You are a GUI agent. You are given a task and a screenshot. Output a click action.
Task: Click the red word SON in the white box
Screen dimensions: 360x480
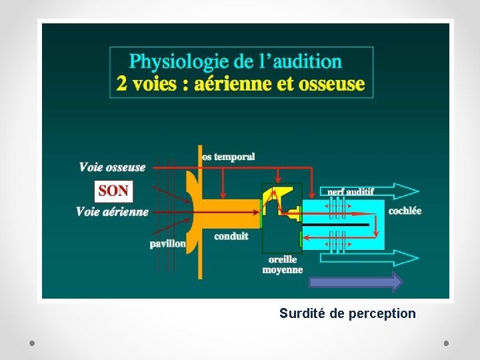click(x=113, y=191)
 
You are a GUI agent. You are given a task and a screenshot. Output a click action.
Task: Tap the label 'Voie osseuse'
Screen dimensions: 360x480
click(x=112, y=167)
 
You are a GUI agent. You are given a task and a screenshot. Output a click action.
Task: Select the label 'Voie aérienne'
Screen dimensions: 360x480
click(x=112, y=212)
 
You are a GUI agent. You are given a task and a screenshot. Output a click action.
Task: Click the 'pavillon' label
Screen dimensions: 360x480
click(x=167, y=243)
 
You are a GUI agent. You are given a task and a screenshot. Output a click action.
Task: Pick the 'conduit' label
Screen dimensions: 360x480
click(x=231, y=236)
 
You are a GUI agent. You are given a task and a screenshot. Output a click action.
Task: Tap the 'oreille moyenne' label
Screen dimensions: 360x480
click(x=282, y=265)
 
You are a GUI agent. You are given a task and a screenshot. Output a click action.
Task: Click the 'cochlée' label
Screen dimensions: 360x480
click(x=405, y=211)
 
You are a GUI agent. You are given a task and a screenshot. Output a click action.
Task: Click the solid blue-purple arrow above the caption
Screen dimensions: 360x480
click(x=356, y=282)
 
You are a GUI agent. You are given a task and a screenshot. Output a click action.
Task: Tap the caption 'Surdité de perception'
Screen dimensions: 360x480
click(x=347, y=313)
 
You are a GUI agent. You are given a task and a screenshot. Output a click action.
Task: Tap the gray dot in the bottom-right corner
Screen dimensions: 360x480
click(x=446, y=343)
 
